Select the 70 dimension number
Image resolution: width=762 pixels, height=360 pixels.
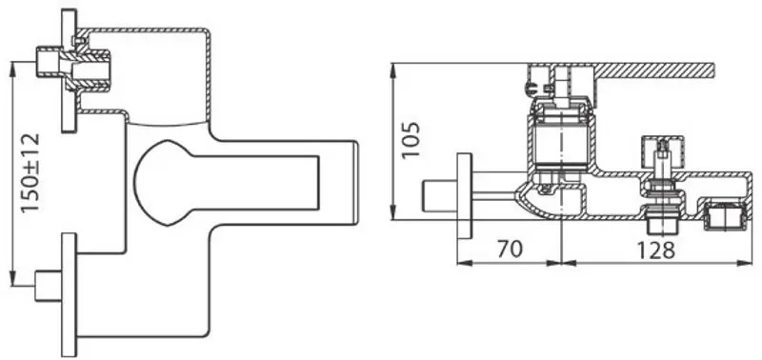pos(510,250)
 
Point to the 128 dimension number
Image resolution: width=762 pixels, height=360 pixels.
pos(655,250)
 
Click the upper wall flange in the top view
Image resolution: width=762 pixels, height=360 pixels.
pos(68,71)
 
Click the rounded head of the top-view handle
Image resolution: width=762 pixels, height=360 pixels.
pos(162,182)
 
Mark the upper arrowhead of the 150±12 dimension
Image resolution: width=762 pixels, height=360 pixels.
pos(12,67)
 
